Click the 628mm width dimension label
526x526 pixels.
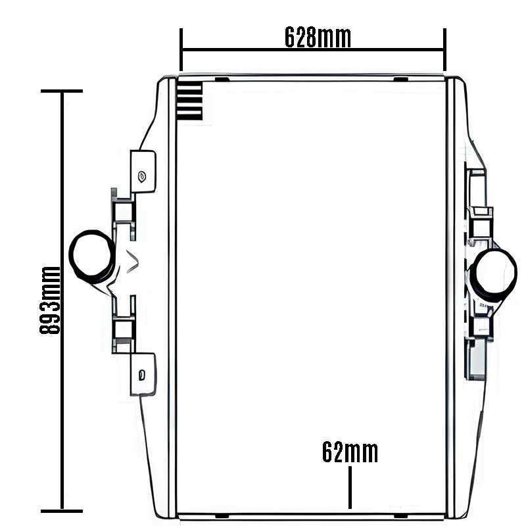click(x=318, y=37)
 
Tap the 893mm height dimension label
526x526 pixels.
click(x=50, y=300)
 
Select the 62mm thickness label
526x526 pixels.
click(x=350, y=452)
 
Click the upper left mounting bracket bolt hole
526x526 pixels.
click(x=142, y=176)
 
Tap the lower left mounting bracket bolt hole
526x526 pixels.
click(x=142, y=375)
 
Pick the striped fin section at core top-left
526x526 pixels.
click(x=189, y=102)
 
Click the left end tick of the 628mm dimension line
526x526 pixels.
click(x=181, y=50)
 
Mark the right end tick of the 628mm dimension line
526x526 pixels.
click(x=445, y=50)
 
